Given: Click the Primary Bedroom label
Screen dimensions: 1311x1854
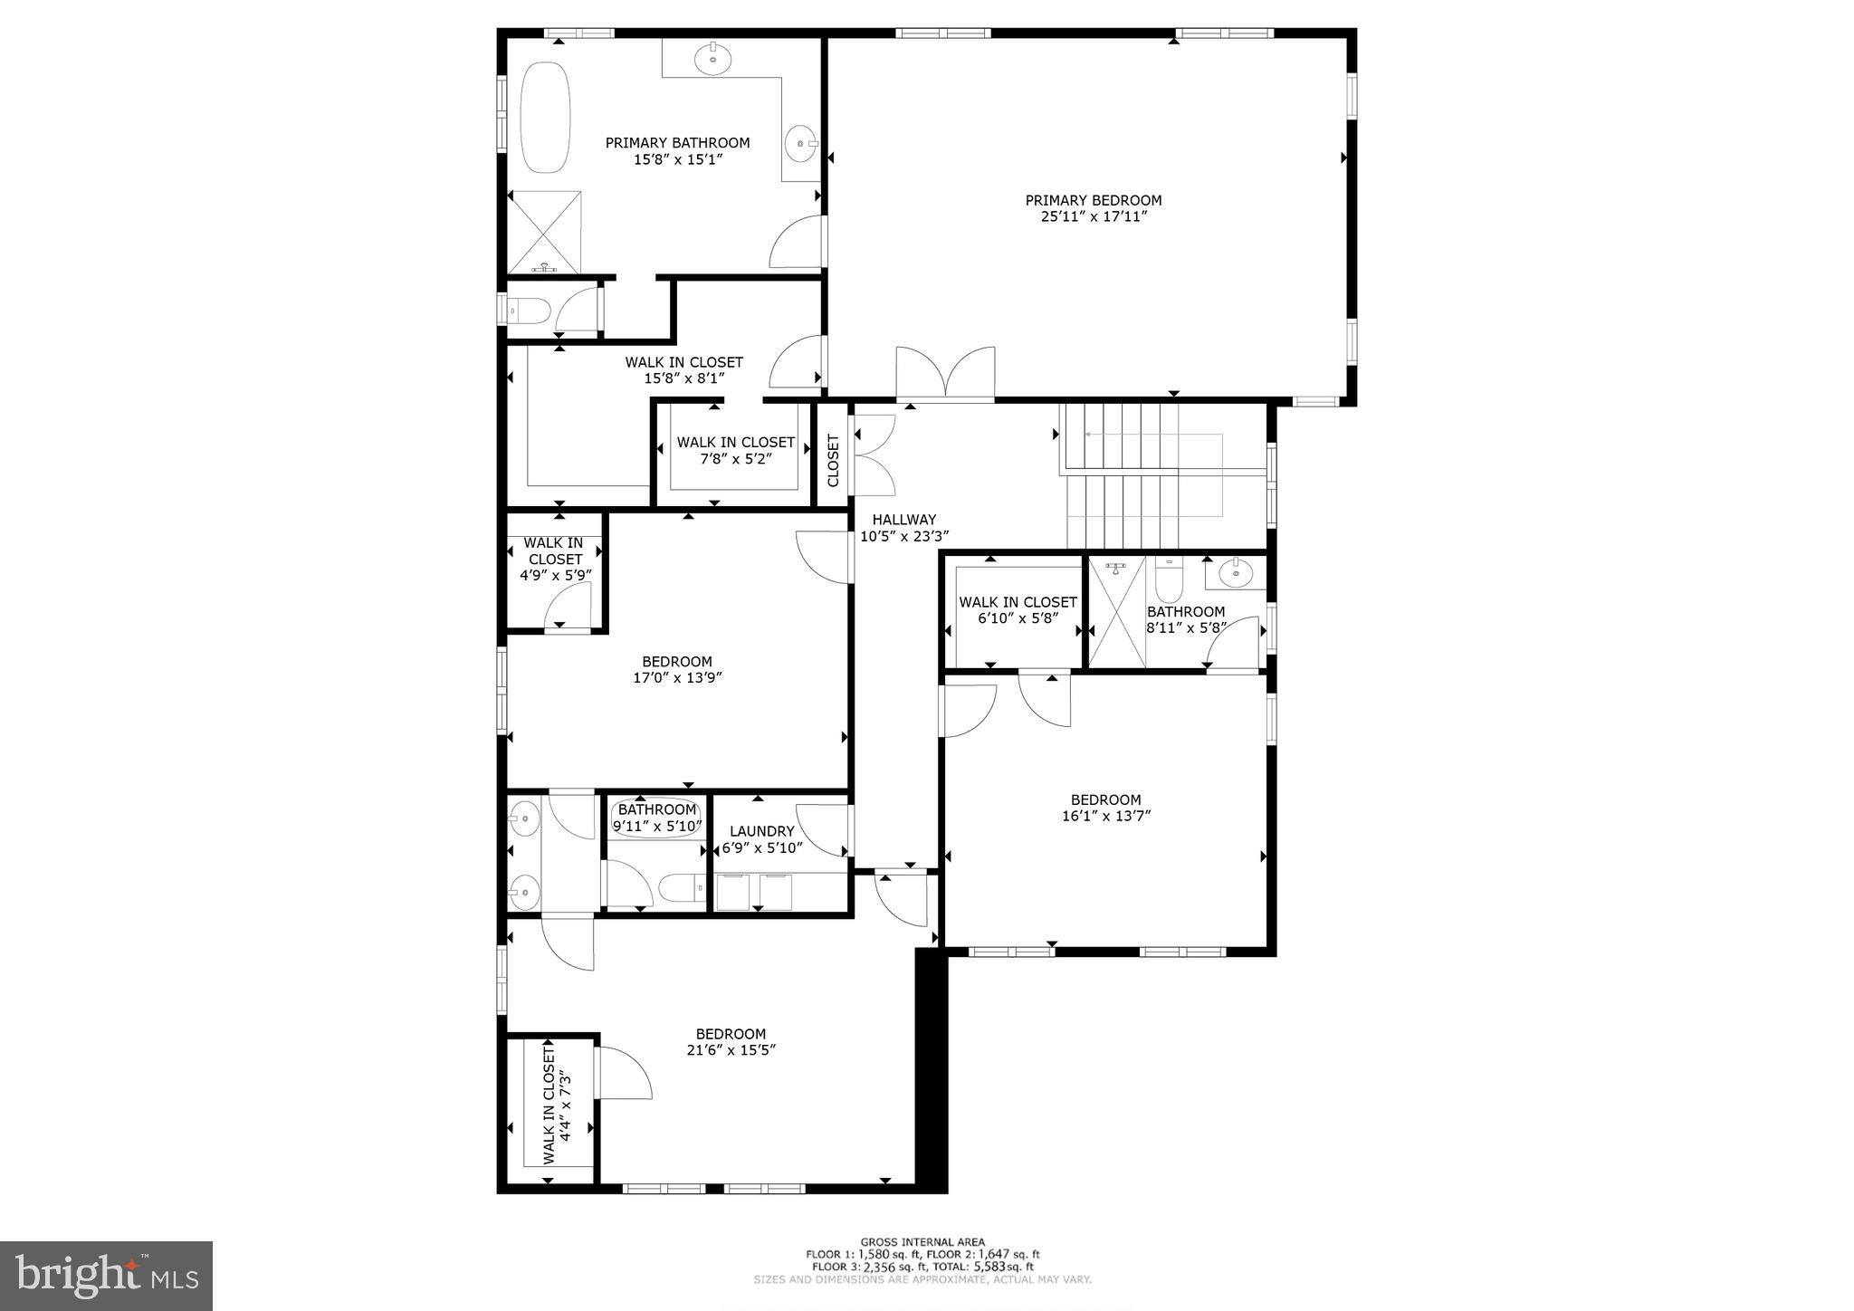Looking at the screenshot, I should pos(1093,200).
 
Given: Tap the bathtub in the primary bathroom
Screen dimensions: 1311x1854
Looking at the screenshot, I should pos(545,118).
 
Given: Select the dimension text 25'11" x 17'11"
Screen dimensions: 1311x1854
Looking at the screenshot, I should pos(1093,217).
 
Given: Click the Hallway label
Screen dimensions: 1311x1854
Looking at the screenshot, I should pos(903,520).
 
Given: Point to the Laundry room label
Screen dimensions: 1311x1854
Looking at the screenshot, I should pos(761,831).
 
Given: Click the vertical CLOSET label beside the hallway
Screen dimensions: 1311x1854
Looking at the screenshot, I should pos(834,460).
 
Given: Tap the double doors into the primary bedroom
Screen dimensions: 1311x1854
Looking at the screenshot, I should pos(945,373).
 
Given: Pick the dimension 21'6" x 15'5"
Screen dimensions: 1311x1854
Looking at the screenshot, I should pos(731,1050).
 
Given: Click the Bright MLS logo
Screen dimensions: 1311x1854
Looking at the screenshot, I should pos(107,1276).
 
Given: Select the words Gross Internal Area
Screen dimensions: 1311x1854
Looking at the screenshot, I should pos(922,1242).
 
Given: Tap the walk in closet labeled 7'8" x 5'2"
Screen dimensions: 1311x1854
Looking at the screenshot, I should pos(735,450).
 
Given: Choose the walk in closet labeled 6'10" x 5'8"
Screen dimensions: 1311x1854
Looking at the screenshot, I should pos(1018,610).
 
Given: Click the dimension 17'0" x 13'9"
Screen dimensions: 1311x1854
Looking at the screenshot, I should pos(677,678).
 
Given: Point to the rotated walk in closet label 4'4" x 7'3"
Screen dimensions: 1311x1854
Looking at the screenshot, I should pos(558,1105).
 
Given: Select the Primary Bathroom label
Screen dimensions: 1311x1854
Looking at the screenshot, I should pos(677,143).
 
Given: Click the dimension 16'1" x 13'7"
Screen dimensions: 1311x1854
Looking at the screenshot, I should pos(1105,816).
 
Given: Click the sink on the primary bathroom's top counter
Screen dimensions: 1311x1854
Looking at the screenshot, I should pos(713,59).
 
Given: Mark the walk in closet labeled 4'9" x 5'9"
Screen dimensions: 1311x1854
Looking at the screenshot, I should pos(555,559).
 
